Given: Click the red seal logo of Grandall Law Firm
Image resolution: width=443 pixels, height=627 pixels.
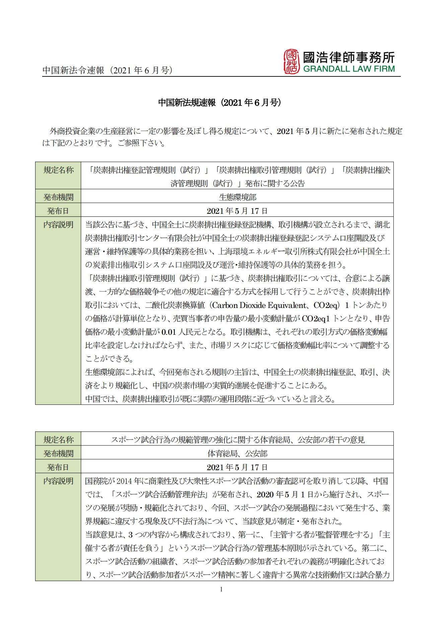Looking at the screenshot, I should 291,62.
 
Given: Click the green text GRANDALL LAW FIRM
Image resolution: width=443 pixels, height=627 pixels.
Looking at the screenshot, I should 349,69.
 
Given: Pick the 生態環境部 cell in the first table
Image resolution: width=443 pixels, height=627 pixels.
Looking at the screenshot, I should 237,197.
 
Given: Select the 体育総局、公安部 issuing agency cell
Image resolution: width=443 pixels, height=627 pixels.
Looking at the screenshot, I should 237,454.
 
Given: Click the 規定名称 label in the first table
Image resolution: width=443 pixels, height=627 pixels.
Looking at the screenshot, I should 58,170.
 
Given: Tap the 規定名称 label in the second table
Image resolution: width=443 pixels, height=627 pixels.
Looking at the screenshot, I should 58,440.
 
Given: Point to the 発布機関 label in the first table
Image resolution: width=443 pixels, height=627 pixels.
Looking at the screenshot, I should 58,197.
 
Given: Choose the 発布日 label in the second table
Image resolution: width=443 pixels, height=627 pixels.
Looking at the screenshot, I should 58,467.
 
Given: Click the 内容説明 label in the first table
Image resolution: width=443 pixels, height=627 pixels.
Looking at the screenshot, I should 58,225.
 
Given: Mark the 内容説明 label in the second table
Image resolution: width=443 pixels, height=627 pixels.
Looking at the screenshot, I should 58,481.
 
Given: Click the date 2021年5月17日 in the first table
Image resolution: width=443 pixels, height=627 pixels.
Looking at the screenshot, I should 237,211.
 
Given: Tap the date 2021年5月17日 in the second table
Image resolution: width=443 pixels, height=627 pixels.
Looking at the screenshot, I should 237,467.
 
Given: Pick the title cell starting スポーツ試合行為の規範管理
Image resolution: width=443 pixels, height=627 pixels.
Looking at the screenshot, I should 237,440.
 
